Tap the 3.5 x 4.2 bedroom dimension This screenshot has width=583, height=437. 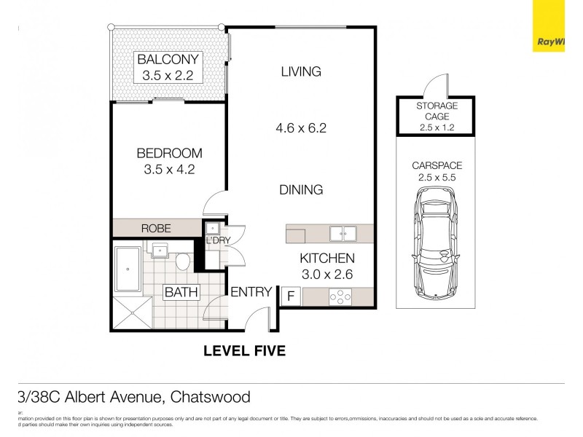click(x=169, y=170)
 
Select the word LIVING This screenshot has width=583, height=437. click(x=301, y=71)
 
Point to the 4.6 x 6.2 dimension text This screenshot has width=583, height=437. click(x=300, y=128)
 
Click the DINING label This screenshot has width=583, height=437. click(x=301, y=190)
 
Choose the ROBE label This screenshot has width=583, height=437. click(x=156, y=229)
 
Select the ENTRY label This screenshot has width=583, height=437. click(x=251, y=292)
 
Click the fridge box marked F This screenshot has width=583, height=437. click(x=290, y=296)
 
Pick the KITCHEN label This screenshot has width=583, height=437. click(x=327, y=259)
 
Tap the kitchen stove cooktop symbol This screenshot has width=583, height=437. click(x=340, y=296)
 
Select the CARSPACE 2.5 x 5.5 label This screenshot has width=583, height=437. click(x=437, y=171)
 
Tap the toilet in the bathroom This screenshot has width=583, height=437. click(x=183, y=261)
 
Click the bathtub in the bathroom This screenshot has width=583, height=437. click(x=129, y=270)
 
